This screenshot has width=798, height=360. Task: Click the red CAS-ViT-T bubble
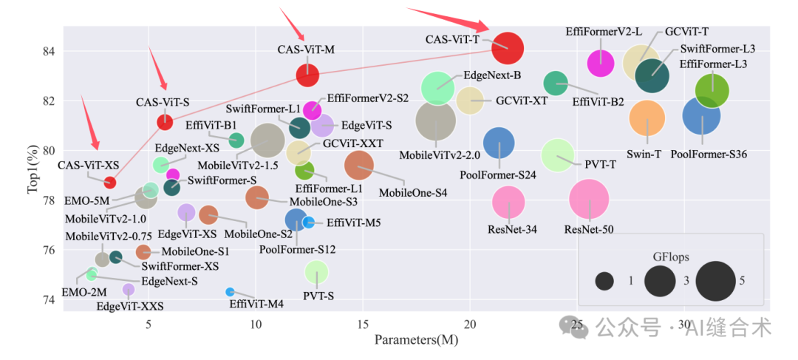click(x=508, y=50)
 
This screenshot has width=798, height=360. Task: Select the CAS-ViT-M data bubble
click(x=307, y=75)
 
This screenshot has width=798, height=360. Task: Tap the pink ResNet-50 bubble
click(x=589, y=199)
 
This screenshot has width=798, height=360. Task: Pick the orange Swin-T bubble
click(x=647, y=118)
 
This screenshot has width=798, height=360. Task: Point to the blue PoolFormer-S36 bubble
click(x=701, y=115)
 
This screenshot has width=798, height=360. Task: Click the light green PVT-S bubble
click(x=316, y=273)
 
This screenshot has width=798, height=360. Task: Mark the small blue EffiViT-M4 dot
click(x=230, y=292)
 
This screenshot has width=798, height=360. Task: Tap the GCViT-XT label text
click(x=521, y=101)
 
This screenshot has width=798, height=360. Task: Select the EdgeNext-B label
click(x=492, y=75)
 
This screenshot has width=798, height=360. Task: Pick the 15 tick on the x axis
click(x=363, y=324)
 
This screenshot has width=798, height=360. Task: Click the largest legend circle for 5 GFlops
click(x=715, y=282)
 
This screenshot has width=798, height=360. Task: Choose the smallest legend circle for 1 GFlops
click(x=605, y=282)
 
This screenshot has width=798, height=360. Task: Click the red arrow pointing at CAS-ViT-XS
click(x=91, y=126)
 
